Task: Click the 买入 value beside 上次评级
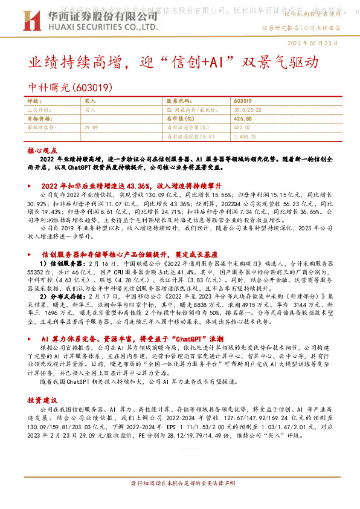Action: click(x=91, y=111)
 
